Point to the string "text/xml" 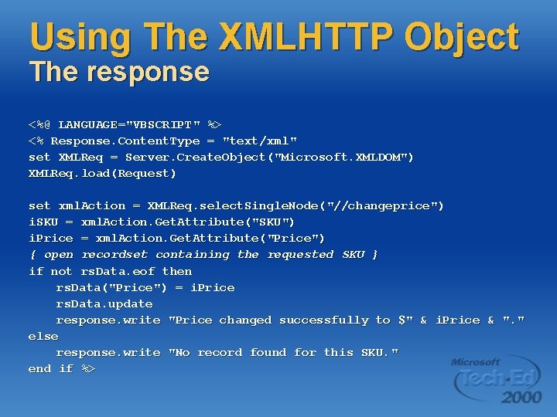pos(260,141)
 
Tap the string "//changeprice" pos(385,206)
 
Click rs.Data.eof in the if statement pos(118,271)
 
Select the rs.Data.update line pos(104,303)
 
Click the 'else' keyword pos(43,337)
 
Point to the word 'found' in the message pos(268,353)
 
